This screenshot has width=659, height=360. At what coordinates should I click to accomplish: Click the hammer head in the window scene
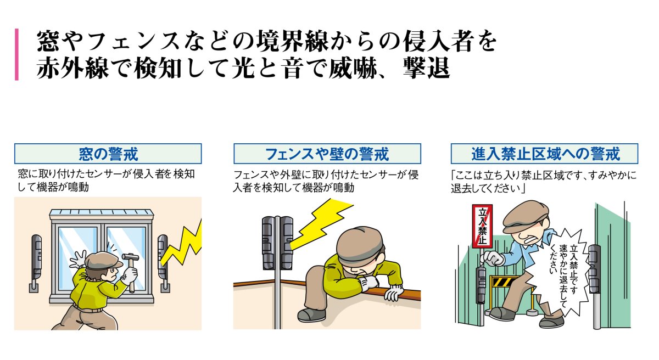click(130, 257)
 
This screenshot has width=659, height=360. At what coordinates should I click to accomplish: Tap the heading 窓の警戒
click(108, 154)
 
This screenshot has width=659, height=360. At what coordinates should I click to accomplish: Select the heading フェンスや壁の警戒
click(327, 154)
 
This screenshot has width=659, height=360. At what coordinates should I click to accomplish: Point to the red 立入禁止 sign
click(482, 226)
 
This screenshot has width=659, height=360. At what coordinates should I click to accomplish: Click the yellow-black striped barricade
click(504, 282)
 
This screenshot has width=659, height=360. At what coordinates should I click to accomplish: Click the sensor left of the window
click(36, 262)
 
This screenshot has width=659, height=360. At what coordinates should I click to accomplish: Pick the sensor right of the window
click(163, 262)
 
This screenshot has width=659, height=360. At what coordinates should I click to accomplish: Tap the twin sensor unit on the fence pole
click(277, 243)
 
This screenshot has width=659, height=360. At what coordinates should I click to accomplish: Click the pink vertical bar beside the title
click(17, 54)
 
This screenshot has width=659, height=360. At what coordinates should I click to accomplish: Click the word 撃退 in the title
click(426, 68)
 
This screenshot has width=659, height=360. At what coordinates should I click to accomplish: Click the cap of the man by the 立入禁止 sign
click(524, 216)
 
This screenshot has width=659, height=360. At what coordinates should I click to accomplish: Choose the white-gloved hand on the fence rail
click(393, 292)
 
